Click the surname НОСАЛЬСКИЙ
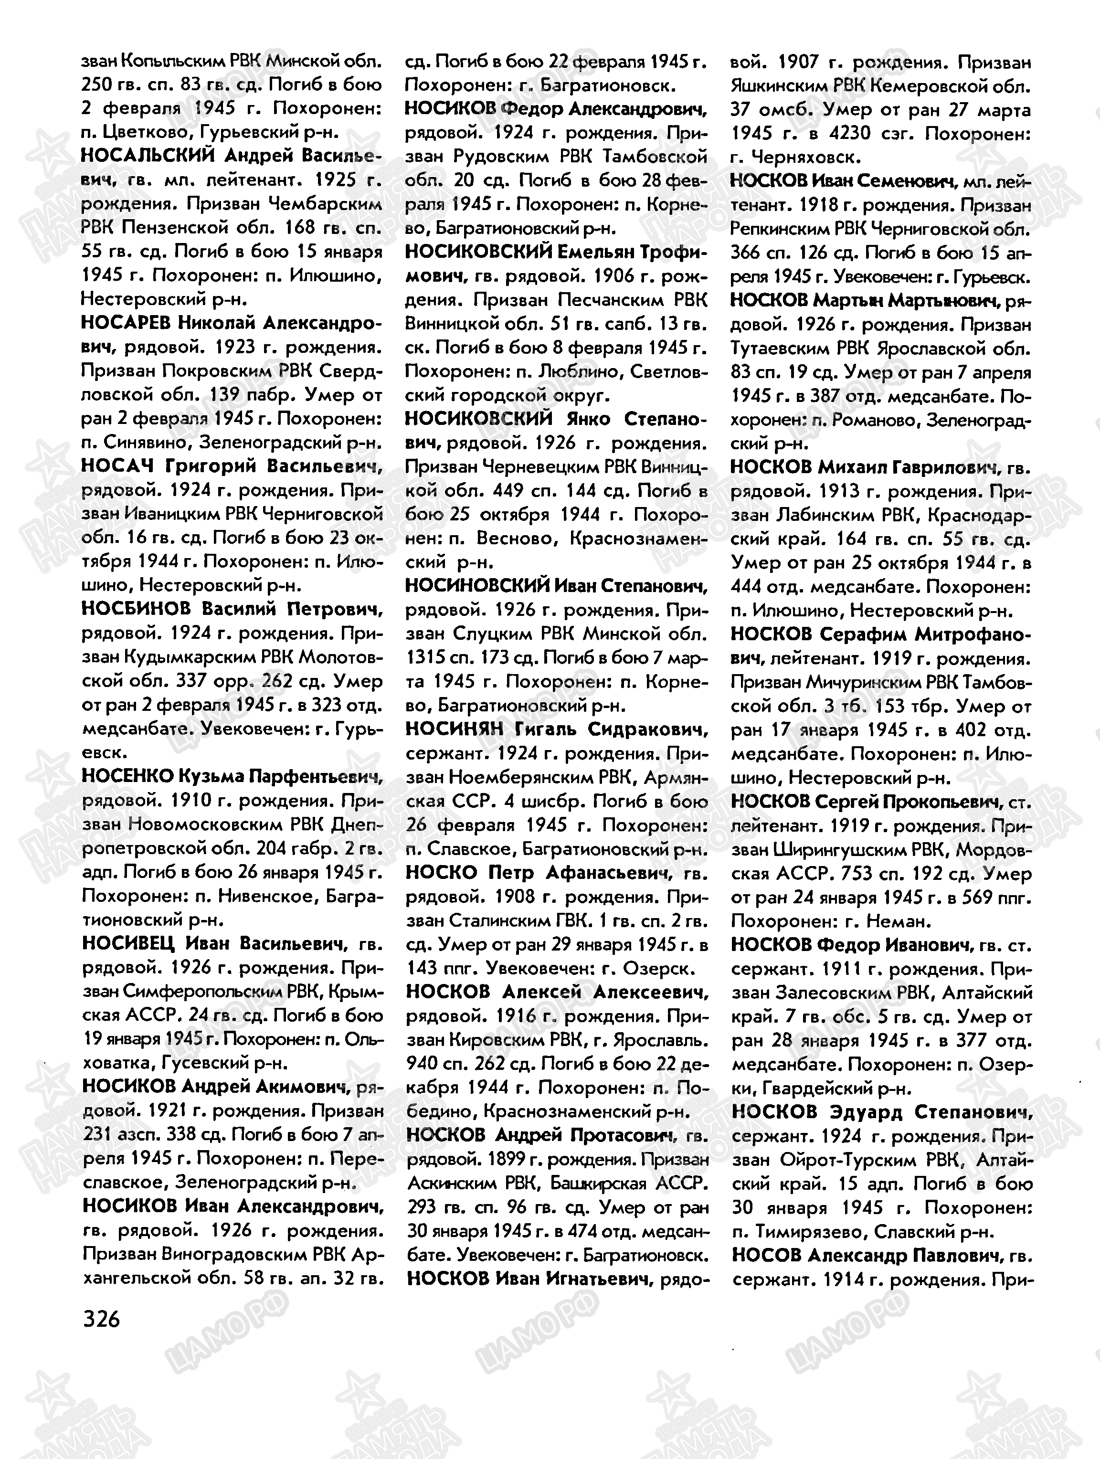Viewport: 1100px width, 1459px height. click(148, 156)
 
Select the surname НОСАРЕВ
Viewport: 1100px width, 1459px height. click(125, 323)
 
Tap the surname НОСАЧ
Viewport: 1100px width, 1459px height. click(116, 466)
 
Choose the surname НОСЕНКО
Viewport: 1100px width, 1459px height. click(127, 776)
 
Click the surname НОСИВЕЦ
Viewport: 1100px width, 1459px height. click(128, 944)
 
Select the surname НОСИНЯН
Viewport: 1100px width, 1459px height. click(454, 729)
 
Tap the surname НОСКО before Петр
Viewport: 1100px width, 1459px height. click(441, 873)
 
